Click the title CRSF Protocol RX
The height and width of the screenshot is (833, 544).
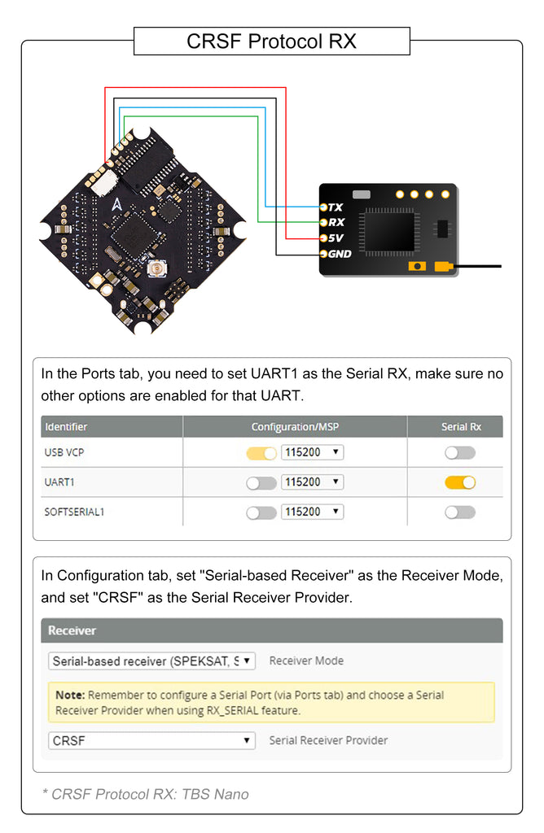tap(271, 41)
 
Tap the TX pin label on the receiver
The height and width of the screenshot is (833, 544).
tap(335, 207)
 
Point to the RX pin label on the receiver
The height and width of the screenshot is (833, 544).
tap(336, 222)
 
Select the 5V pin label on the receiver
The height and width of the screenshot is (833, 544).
tap(336, 238)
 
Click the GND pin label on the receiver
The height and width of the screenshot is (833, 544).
tap(339, 254)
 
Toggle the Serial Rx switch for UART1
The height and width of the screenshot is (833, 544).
tap(460, 482)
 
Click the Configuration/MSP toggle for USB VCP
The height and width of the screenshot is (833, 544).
tap(261, 452)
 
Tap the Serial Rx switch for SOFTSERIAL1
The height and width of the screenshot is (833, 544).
tap(460, 512)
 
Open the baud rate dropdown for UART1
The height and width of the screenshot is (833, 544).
tap(312, 482)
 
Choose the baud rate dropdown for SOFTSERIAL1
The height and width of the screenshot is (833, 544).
tap(312, 512)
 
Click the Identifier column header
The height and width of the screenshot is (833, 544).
tap(66, 426)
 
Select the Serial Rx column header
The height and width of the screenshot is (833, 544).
tap(461, 426)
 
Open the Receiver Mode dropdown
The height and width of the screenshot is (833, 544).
tap(151, 661)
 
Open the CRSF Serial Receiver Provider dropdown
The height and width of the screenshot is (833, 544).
tap(151, 741)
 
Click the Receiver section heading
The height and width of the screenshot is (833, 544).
tap(72, 630)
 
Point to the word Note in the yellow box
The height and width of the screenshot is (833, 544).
tap(70, 696)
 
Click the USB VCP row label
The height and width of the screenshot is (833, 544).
tap(66, 452)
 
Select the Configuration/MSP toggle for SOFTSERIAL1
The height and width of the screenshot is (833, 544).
tap(261, 512)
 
